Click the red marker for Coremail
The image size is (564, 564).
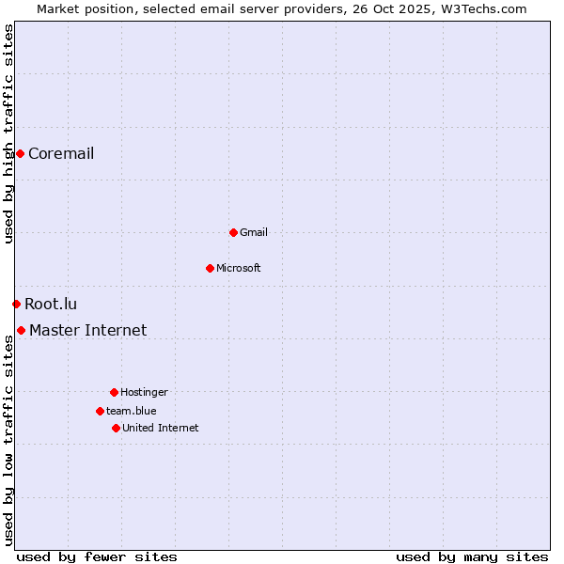(x=20, y=153)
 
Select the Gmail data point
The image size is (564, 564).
(x=233, y=232)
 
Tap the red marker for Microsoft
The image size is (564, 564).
(x=210, y=268)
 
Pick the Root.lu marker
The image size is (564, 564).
(x=16, y=304)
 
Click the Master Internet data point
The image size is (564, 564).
(x=21, y=330)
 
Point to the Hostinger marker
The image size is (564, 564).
(x=114, y=392)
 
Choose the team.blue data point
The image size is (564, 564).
(x=100, y=411)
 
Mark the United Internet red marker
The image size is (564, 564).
(x=116, y=428)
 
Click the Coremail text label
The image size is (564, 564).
(x=61, y=154)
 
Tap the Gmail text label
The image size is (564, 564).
(x=254, y=232)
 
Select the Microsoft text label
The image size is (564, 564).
(x=239, y=268)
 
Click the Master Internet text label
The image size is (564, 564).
(x=88, y=330)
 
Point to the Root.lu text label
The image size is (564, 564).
(x=51, y=304)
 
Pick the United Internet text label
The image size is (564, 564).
(x=161, y=428)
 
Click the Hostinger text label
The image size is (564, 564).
(x=144, y=392)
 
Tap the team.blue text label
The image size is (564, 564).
(x=132, y=411)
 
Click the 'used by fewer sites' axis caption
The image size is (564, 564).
(x=97, y=556)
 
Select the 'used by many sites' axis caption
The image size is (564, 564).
(x=472, y=556)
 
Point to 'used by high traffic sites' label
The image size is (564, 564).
(x=8, y=133)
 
